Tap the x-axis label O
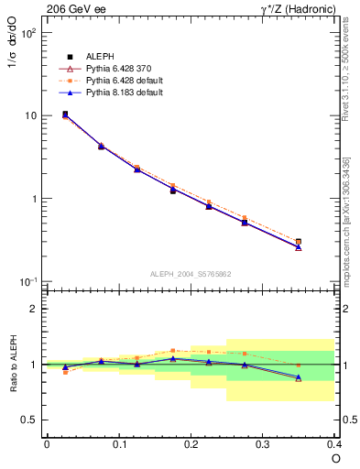pos(335,458)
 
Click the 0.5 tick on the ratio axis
pos(29,420)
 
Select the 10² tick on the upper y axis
pos(27,32)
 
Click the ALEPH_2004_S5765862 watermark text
pos(190,274)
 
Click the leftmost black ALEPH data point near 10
pos(65,114)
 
